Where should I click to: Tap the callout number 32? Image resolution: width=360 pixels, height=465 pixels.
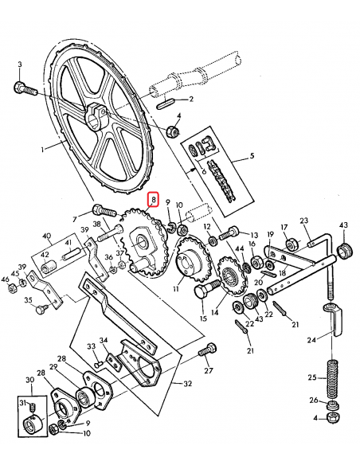pos(188,383)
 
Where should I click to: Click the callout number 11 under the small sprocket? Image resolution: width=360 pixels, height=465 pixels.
pos(176,291)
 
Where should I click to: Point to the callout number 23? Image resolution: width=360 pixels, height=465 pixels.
pos(303,221)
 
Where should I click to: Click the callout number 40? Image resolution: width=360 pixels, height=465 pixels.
pos(47,236)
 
